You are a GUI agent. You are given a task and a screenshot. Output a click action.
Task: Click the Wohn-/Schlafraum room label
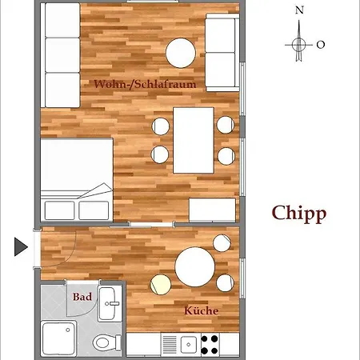click(x=145, y=84)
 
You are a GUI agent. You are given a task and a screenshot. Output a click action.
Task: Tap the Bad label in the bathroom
click(x=82, y=297)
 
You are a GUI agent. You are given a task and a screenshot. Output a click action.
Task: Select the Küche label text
click(x=202, y=310)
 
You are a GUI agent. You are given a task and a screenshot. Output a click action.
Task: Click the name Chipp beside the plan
click(x=299, y=214)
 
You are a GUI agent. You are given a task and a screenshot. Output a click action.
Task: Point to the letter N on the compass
click(x=299, y=10)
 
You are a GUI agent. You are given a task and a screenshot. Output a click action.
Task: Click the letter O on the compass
click(x=321, y=45)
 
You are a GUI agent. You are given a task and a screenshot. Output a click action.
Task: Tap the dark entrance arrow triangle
click(x=21, y=247)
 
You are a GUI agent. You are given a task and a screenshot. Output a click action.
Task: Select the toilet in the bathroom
click(x=106, y=342)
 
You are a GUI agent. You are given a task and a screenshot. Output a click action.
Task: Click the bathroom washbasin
click(x=110, y=303)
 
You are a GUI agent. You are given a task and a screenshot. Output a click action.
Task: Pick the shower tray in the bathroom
click(x=58, y=338)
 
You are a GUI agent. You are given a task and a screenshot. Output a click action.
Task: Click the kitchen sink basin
click(x=189, y=345)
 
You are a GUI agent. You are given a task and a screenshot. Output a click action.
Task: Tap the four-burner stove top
click(x=210, y=345)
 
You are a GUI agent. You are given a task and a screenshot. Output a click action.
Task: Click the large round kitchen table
click(x=195, y=267)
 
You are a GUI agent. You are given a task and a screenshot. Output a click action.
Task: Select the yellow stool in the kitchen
click(x=161, y=285)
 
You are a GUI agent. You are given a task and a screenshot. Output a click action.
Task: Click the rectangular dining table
click(x=194, y=140)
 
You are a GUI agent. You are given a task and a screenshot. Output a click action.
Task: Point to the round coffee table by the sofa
click(x=181, y=53)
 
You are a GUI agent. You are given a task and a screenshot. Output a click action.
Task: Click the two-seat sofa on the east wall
click(x=222, y=53)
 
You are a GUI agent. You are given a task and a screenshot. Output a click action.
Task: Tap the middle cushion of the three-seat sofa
click(x=62, y=55)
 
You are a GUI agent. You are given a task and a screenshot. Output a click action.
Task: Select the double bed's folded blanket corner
click(x=95, y=190)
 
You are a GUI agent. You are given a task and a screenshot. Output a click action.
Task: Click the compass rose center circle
click(x=299, y=45)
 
